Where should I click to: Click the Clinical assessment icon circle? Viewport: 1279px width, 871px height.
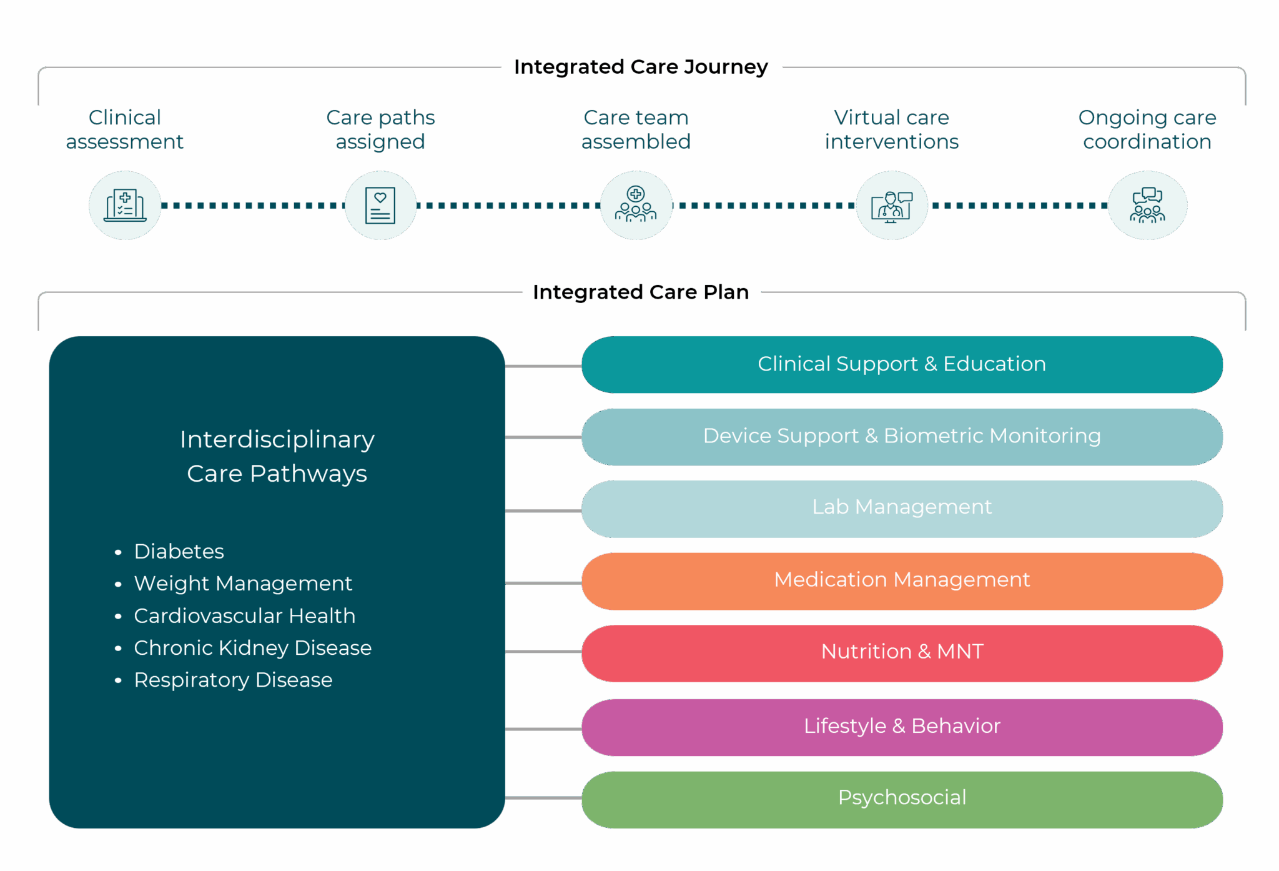pos(125,206)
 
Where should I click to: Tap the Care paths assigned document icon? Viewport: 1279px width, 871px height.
pos(380,206)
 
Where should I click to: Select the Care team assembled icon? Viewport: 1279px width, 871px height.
pos(636,206)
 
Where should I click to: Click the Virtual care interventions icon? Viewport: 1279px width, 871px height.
pos(891,206)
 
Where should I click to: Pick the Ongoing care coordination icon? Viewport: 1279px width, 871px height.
pos(1147,206)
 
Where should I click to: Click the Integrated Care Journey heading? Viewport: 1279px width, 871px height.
pos(641,67)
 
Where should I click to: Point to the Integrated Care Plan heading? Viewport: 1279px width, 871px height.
pos(641,292)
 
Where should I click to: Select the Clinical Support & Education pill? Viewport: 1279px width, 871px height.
pos(902,365)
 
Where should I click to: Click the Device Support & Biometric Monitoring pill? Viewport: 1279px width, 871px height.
pos(902,437)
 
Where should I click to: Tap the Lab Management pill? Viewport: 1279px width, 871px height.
pos(902,509)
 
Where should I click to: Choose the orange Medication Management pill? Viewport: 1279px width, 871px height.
pos(902,581)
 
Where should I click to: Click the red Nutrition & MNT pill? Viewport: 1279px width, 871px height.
pos(902,653)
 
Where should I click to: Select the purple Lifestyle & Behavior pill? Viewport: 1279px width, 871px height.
pos(902,727)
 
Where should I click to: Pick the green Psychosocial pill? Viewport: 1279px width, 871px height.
pos(902,799)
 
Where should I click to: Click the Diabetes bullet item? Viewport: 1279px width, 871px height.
pos(179,552)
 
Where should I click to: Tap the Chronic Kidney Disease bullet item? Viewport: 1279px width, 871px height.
pos(252,648)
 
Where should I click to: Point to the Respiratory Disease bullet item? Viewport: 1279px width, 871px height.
pos(233,680)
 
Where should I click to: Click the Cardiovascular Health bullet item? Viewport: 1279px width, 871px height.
pos(244,616)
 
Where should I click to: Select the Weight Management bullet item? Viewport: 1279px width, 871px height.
pos(243,584)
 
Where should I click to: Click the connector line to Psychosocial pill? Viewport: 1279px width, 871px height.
pos(543,798)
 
